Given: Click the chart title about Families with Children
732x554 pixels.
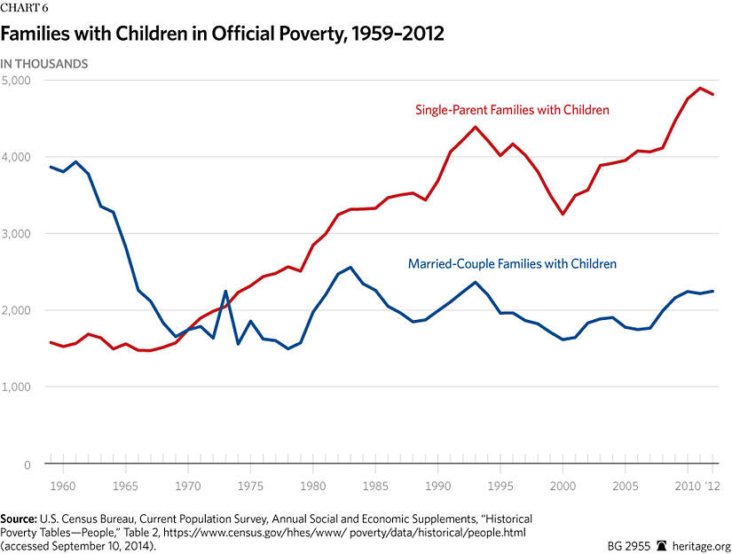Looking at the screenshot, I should (221, 35).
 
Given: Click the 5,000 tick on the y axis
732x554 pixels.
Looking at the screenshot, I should (16, 80).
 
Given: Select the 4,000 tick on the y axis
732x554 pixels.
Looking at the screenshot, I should (16, 157).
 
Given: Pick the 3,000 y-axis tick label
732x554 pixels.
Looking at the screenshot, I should (16, 234).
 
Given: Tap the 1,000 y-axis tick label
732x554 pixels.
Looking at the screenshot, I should (16, 387).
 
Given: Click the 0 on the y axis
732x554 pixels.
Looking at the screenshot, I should (28, 464).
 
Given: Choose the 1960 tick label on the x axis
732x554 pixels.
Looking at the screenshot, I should (62, 486).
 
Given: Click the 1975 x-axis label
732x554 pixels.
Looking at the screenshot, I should (251, 486).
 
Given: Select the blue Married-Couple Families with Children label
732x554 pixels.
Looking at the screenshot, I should (512, 263).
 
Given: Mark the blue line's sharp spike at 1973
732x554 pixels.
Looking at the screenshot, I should (225, 292).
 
